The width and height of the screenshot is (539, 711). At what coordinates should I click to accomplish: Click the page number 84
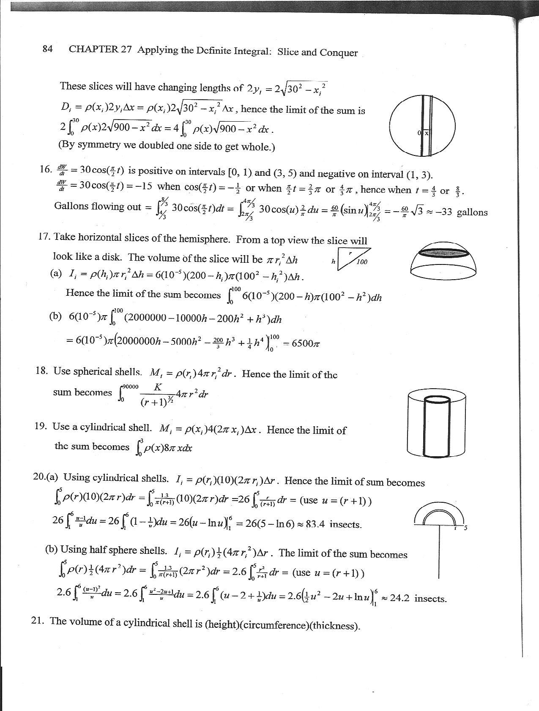pos(47,49)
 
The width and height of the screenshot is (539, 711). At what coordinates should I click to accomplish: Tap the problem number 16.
pos(45,169)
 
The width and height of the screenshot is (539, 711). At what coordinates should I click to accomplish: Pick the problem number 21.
pos(38,621)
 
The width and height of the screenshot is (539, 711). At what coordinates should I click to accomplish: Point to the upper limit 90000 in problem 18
pos(130,386)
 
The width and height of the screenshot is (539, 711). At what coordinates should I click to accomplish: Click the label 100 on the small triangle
pos(362,262)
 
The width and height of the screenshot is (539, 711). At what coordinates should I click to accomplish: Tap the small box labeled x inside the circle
pos(427,133)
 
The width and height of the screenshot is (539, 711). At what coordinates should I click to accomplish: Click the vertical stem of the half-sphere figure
pos(440,553)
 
